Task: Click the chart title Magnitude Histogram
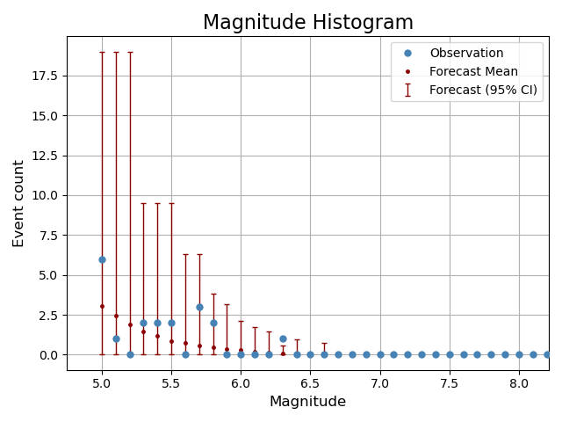coord(307,23)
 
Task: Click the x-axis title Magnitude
coord(307,402)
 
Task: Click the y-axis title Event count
coord(18,203)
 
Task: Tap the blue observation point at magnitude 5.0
coord(102,259)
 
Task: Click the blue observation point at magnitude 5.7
coord(199,307)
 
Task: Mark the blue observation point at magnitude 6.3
coord(283,338)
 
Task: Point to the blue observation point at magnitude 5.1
coord(116,338)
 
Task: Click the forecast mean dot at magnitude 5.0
coord(102,306)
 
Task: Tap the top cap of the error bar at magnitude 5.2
coord(130,52)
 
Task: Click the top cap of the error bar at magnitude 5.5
coord(171,203)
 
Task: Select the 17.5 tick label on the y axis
coord(44,76)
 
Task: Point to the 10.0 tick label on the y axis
coord(44,195)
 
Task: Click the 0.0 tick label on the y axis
coord(47,355)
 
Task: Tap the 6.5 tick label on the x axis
coord(310,383)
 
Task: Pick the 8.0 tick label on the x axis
coord(519,383)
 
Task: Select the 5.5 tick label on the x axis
coord(171,383)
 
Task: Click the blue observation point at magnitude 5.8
coord(213,323)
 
